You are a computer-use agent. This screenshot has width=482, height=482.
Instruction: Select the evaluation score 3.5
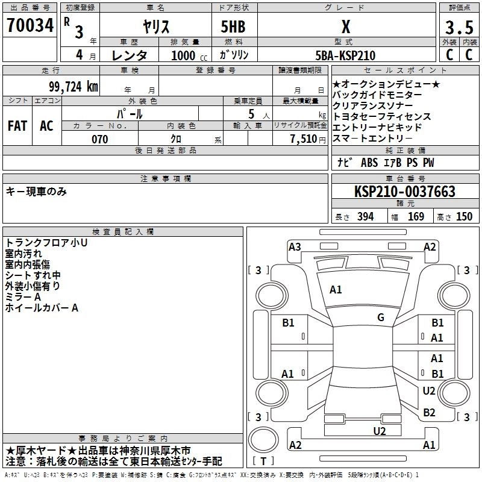[459, 28]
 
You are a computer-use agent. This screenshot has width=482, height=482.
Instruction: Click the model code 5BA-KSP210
[345, 55]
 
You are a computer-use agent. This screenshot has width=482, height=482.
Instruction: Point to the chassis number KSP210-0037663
[405, 192]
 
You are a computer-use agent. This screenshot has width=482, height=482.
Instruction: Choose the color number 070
[99, 139]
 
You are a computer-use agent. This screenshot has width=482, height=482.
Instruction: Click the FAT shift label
[17, 126]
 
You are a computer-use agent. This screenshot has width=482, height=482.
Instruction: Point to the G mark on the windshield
[381, 318]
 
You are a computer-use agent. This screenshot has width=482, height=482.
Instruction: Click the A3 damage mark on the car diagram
[295, 246]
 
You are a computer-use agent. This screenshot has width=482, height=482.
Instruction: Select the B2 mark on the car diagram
[429, 413]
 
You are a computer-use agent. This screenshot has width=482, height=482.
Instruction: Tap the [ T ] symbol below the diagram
[264, 462]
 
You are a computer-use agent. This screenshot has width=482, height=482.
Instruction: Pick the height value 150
[464, 217]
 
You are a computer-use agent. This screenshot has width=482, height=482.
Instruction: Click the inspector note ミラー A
[23, 297]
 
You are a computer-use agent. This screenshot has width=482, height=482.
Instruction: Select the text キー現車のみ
[36, 192]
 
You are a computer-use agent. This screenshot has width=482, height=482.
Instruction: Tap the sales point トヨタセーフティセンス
[382, 116]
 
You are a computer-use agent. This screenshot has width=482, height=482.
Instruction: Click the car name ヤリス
[155, 27]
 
